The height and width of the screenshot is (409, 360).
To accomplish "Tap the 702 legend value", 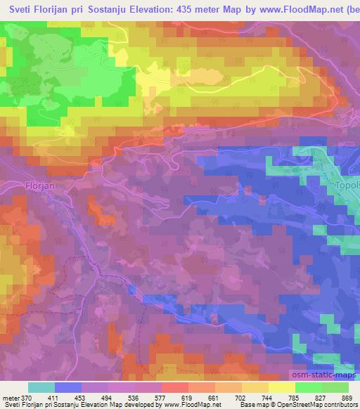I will click(241, 398).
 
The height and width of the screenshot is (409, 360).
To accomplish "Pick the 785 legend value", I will click(295, 398).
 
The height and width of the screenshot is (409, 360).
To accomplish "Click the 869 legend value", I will click(347, 398).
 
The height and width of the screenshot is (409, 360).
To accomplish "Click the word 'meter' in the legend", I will click(11, 398).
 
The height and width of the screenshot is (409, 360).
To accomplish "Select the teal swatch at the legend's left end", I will click(41, 388).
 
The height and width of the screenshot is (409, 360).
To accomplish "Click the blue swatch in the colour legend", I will click(67, 388).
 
